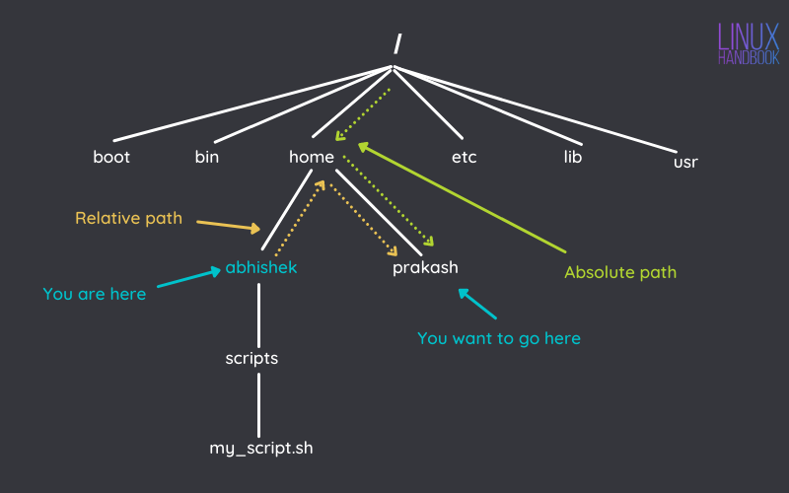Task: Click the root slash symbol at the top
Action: [396, 43]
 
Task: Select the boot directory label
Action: [111, 157]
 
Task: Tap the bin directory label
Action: [207, 157]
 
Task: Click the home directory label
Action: [312, 157]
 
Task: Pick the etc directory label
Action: [465, 157]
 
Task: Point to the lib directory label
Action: [573, 157]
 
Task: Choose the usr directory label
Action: [685, 162]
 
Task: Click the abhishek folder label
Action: [260, 267]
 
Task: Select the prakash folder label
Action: [425, 268]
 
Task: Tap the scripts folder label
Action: [251, 358]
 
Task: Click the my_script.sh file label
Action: [261, 448]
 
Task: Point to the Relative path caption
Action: [128, 218]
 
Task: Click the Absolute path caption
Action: [620, 272]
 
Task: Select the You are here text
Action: [95, 294]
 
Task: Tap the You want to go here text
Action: [499, 338]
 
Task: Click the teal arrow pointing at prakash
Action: [478, 305]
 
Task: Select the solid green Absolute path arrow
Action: [464, 197]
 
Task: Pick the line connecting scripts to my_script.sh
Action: [259, 403]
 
